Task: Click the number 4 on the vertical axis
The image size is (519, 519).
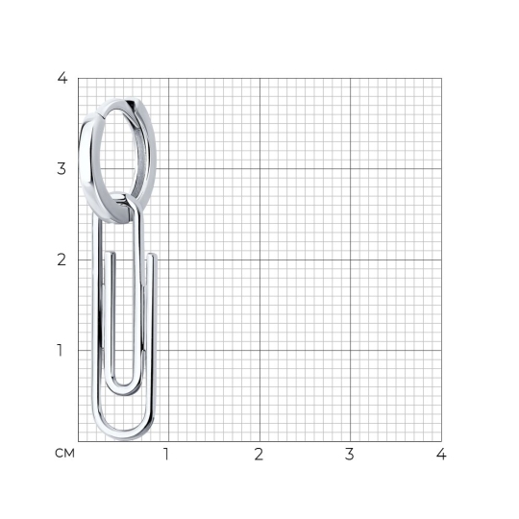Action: [x=62, y=78]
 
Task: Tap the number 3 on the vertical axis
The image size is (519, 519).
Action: [x=62, y=169]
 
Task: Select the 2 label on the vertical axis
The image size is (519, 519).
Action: [x=62, y=259]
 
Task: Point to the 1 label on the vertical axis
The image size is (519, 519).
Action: [x=60, y=350]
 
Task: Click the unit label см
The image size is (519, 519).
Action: [x=65, y=453]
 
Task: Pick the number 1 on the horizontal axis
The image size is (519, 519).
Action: [x=166, y=454]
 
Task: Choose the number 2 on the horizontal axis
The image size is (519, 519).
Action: [x=259, y=454]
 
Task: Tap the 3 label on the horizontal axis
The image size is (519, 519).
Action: [x=350, y=454]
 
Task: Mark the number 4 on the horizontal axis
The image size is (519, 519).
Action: [x=441, y=454]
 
